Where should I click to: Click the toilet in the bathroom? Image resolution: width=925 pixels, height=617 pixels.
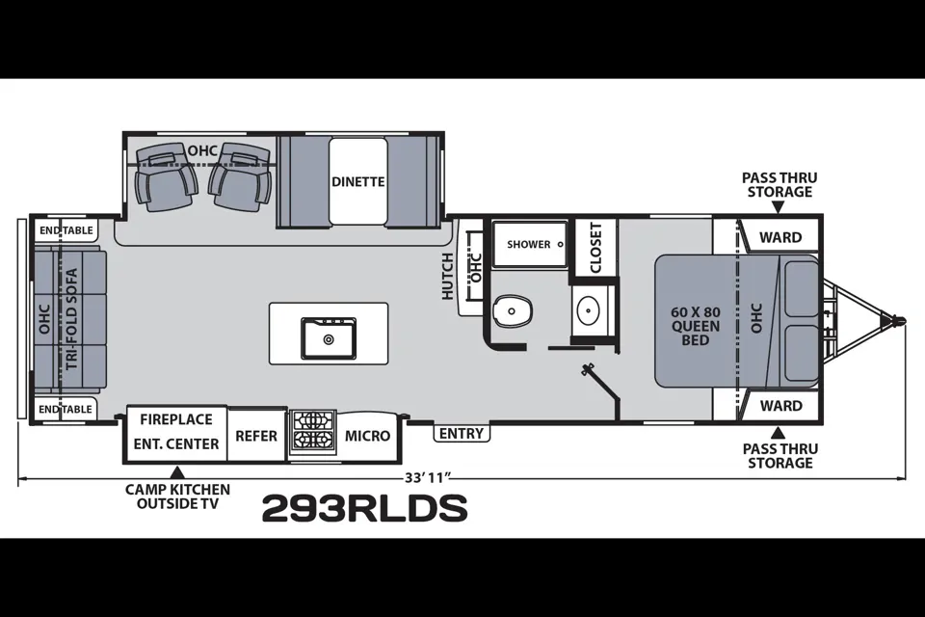click(x=512, y=310)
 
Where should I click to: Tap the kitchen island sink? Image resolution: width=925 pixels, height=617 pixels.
click(x=329, y=338)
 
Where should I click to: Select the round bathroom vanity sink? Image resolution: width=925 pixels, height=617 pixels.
click(x=588, y=310)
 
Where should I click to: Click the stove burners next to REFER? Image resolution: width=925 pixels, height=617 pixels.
click(x=312, y=432)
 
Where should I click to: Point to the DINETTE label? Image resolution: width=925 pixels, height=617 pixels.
click(x=358, y=182)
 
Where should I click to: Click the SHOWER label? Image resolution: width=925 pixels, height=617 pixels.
click(x=529, y=245)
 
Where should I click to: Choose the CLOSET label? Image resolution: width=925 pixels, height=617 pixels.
click(x=595, y=248)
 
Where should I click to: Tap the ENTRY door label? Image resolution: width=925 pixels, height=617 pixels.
click(x=462, y=434)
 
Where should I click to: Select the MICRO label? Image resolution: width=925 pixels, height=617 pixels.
click(x=367, y=436)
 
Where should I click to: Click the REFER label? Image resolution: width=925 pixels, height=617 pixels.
click(x=256, y=436)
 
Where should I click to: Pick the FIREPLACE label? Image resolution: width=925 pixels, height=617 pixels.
click(x=175, y=419)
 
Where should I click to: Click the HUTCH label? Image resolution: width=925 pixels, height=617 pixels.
click(x=448, y=277)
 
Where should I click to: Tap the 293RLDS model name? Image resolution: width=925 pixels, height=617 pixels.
click(x=364, y=508)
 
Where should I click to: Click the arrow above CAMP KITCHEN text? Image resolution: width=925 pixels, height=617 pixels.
click(x=177, y=472)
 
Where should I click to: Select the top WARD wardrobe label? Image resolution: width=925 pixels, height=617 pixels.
click(x=780, y=237)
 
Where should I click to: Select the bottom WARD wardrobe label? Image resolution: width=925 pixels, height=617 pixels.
click(x=781, y=406)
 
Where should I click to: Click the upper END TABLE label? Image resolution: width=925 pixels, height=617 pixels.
click(x=66, y=230)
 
